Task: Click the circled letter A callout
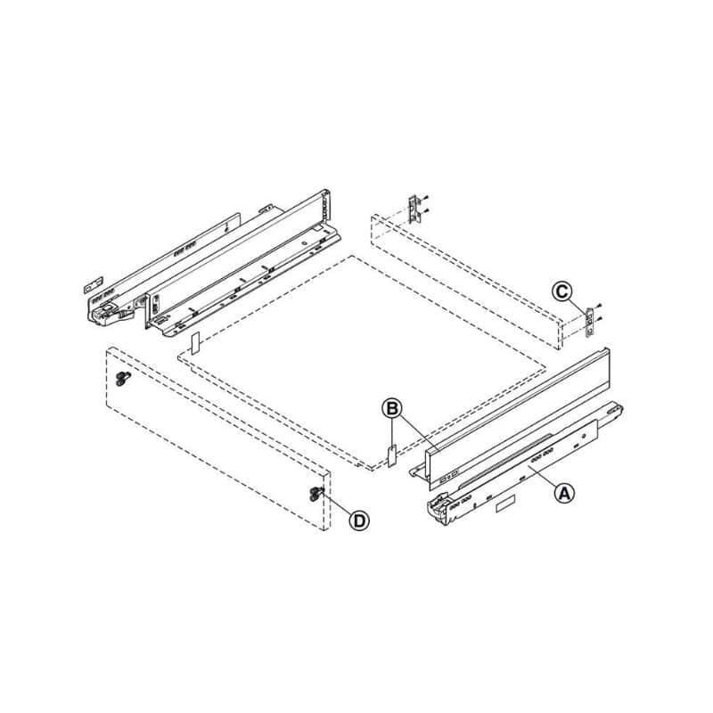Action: click(x=564, y=493)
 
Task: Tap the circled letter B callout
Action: click(x=391, y=408)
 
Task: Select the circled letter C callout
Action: click(x=562, y=291)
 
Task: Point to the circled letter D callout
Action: click(x=359, y=520)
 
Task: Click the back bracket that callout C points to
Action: click(x=590, y=322)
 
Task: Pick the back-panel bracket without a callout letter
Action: click(x=414, y=209)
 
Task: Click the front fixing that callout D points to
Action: click(x=316, y=494)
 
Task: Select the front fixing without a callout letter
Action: click(x=122, y=378)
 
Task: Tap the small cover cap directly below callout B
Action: click(x=391, y=456)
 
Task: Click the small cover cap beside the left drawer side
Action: click(x=195, y=343)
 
